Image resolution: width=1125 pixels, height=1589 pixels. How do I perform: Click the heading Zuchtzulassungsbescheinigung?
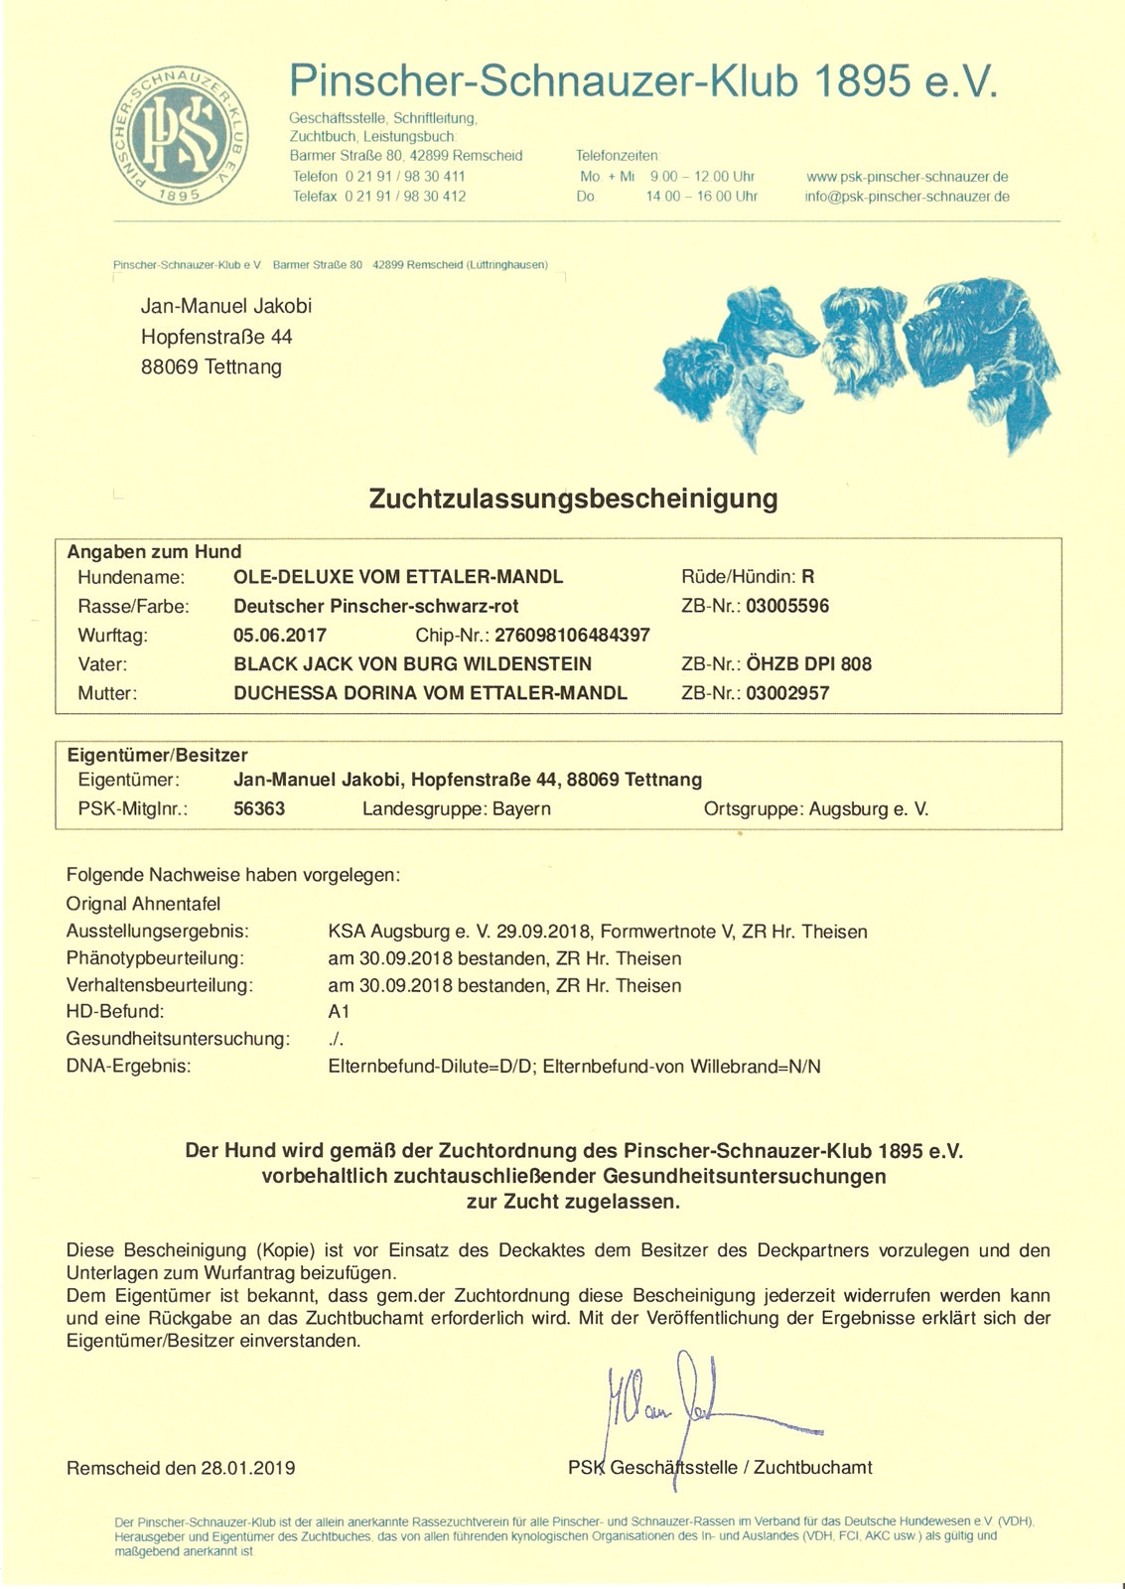click(x=573, y=499)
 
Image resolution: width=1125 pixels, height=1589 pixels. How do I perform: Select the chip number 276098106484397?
click(x=572, y=636)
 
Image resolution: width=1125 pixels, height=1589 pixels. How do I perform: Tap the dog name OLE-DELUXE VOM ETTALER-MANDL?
click(x=398, y=577)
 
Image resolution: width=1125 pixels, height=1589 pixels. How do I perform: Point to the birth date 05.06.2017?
click(x=280, y=636)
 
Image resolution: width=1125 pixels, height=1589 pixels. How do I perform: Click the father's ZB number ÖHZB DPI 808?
click(x=808, y=664)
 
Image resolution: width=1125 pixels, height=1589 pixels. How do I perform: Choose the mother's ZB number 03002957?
click(x=786, y=693)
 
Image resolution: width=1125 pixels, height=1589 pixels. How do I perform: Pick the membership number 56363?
click(x=259, y=809)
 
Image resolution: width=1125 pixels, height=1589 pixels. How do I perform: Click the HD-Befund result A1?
click(x=339, y=1012)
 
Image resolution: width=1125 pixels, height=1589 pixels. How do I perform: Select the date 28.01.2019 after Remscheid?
click(x=248, y=1468)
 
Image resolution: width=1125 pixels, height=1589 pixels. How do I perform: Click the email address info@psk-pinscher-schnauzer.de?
click(x=907, y=197)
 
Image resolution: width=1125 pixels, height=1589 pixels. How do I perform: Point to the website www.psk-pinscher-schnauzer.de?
click(x=907, y=177)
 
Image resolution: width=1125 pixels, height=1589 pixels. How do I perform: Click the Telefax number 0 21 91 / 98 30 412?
click(x=405, y=197)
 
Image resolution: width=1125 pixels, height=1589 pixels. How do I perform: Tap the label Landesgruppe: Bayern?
click(x=457, y=809)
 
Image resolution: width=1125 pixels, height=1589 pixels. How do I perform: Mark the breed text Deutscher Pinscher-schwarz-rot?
click(x=376, y=606)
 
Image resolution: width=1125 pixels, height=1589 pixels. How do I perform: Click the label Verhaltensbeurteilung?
click(x=160, y=986)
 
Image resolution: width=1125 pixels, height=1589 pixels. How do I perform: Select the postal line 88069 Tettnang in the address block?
click(x=211, y=367)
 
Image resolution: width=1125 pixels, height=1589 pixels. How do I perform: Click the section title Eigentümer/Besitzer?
click(x=157, y=755)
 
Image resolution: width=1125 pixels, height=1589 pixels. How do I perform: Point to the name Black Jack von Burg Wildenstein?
click(x=412, y=664)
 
